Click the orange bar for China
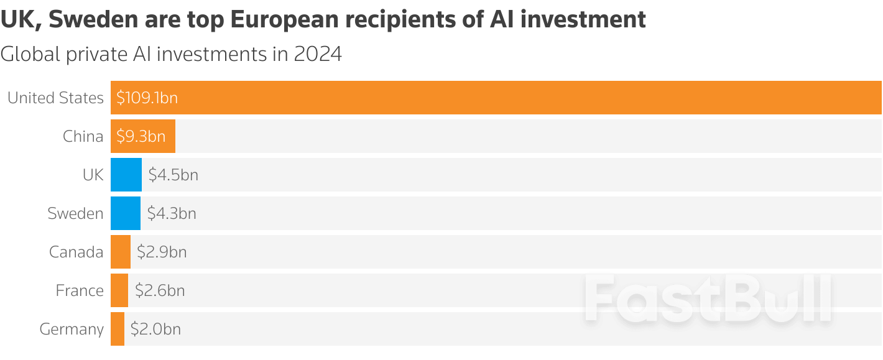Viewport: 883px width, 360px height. pyautogui.click(x=143, y=136)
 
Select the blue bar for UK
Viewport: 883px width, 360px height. pyautogui.click(x=126, y=175)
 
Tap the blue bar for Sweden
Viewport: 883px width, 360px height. pyautogui.click(x=126, y=213)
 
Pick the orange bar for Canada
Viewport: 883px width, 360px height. pyautogui.click(x=121, y=252)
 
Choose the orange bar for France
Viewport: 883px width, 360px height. pyautogui.click(x=119, y=290)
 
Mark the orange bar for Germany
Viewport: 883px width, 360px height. pyautogui.click(x=118, y=329)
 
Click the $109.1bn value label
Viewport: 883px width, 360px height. pyautogui.click(x=147, y=98)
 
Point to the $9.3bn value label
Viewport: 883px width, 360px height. pyautogui.click(x=141, y=136)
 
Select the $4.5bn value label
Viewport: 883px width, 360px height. pyautogui.click(x=173, y=175)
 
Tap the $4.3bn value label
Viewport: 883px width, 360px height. pyautogui.click(x=172, y=213)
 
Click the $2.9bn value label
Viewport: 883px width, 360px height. pyautogui.click(x=162, y=252)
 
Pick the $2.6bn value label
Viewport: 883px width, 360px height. pyautogui.click(x=160, y=290)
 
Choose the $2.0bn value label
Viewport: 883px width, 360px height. pyautogui.click(x=155, y=329)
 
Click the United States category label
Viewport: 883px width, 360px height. pyautogui.click(x=55, y=98)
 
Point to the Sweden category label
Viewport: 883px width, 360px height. pyautogui.click(x=75, y=213)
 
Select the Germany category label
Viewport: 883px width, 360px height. pyautogui.click(x=72, y=329)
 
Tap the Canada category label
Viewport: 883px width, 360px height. pyautogui.click(x=76, y=252)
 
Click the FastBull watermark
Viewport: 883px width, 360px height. pyautogui.click(x=708, y=299)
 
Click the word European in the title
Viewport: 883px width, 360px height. pyautogui.click(x=285, y=20)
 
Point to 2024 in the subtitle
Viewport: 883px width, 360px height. pyautogui.click(x=318, y=54)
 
